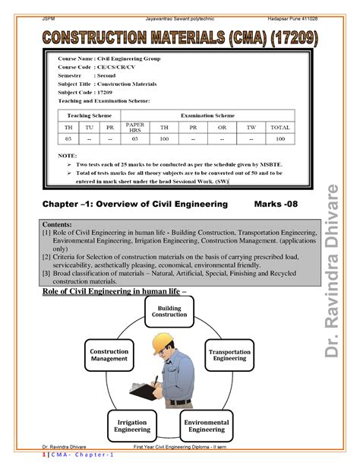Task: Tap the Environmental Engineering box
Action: click(207, 425)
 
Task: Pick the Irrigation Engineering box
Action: click(132, 425)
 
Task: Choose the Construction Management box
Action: click(109, 354)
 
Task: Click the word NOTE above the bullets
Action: click(68, 154)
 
